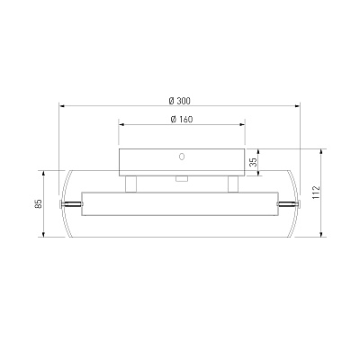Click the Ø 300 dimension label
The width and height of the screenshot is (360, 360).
pyautogui.click(x=179, y=101)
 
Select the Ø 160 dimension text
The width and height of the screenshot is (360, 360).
pyautogui.click(x=182, y=119)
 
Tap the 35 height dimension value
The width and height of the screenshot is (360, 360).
pyautogui.click(x=254, y=162)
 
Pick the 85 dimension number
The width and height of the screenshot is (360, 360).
pyautogui.click(x=38, y=203)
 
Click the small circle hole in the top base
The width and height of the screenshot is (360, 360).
pyautogui.click(x=182, y=157)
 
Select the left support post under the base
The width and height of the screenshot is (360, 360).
pyautogui.click(x=130, y=184)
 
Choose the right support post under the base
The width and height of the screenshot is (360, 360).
pyautogui.click(x=233, y=184)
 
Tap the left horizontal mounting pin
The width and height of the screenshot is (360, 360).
pyautogui.click(x=71, y=204)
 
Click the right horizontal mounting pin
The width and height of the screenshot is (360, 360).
pyautogui.click(x=288, y=204)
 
